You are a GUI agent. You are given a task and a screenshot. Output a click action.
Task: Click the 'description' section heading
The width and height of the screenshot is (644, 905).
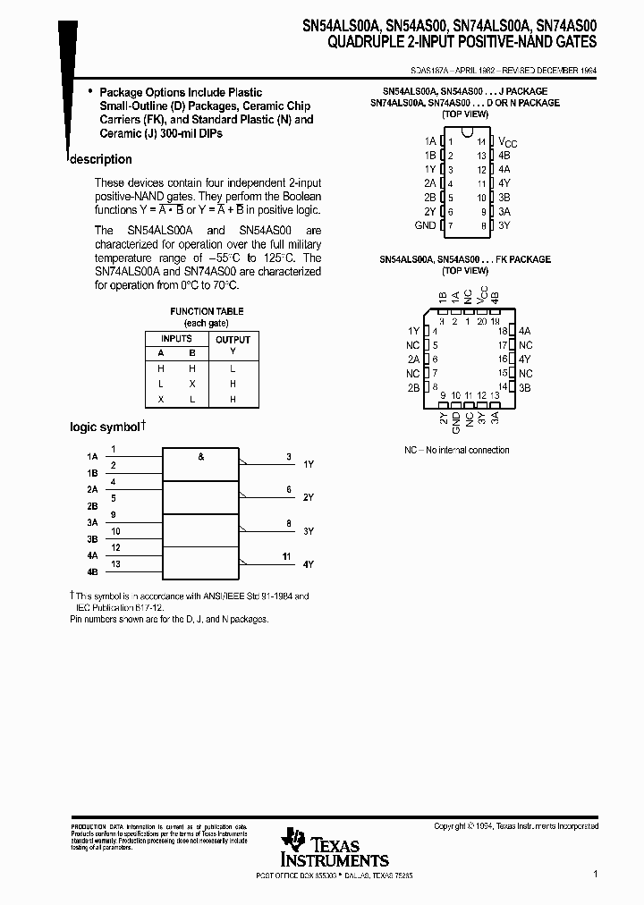click(x=101, y=159)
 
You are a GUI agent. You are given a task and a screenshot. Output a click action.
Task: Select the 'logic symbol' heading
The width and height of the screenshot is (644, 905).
click(x=106, y=427)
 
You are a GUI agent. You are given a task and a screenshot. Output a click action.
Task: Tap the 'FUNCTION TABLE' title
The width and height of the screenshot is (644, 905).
click(x=207, y=311)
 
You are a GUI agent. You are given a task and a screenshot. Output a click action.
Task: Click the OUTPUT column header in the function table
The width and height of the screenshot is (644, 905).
click(x=233, y=339)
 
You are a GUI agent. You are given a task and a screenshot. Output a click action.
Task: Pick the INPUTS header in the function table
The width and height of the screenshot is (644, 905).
click(x=176, y=339)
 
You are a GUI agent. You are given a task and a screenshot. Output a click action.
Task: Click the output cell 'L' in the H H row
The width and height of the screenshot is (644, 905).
click(x=233, y=368)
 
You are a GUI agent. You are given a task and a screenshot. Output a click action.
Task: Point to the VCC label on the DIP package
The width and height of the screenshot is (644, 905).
click(x=507, y=142)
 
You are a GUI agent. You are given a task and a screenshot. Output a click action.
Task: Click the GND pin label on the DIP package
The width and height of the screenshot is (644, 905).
click(x=426, y=225)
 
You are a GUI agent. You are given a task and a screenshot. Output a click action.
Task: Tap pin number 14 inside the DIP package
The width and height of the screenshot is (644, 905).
click(x=481, y=142)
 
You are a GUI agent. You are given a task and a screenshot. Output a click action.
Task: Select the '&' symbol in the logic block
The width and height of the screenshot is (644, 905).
click(x=200, y=457)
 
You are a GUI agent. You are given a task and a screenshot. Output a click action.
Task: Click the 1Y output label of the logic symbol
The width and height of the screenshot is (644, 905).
click(x=309, y=464)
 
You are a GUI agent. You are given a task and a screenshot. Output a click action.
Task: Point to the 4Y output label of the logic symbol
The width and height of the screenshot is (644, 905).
click(x=309, y=564)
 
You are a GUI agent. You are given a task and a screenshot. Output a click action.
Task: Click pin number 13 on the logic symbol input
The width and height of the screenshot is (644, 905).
click(x=115, y=563)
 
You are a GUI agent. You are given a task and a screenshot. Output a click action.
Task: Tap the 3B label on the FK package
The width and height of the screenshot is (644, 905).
click(x=525, y=387)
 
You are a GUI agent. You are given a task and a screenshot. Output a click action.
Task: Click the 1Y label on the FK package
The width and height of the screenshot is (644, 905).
click(x=413, y=330)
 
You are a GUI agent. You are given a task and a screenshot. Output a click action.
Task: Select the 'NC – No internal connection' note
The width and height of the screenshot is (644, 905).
click(x=456, y=450)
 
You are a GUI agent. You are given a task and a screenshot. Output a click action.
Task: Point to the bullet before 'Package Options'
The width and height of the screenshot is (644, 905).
click(x=90, y=92)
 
